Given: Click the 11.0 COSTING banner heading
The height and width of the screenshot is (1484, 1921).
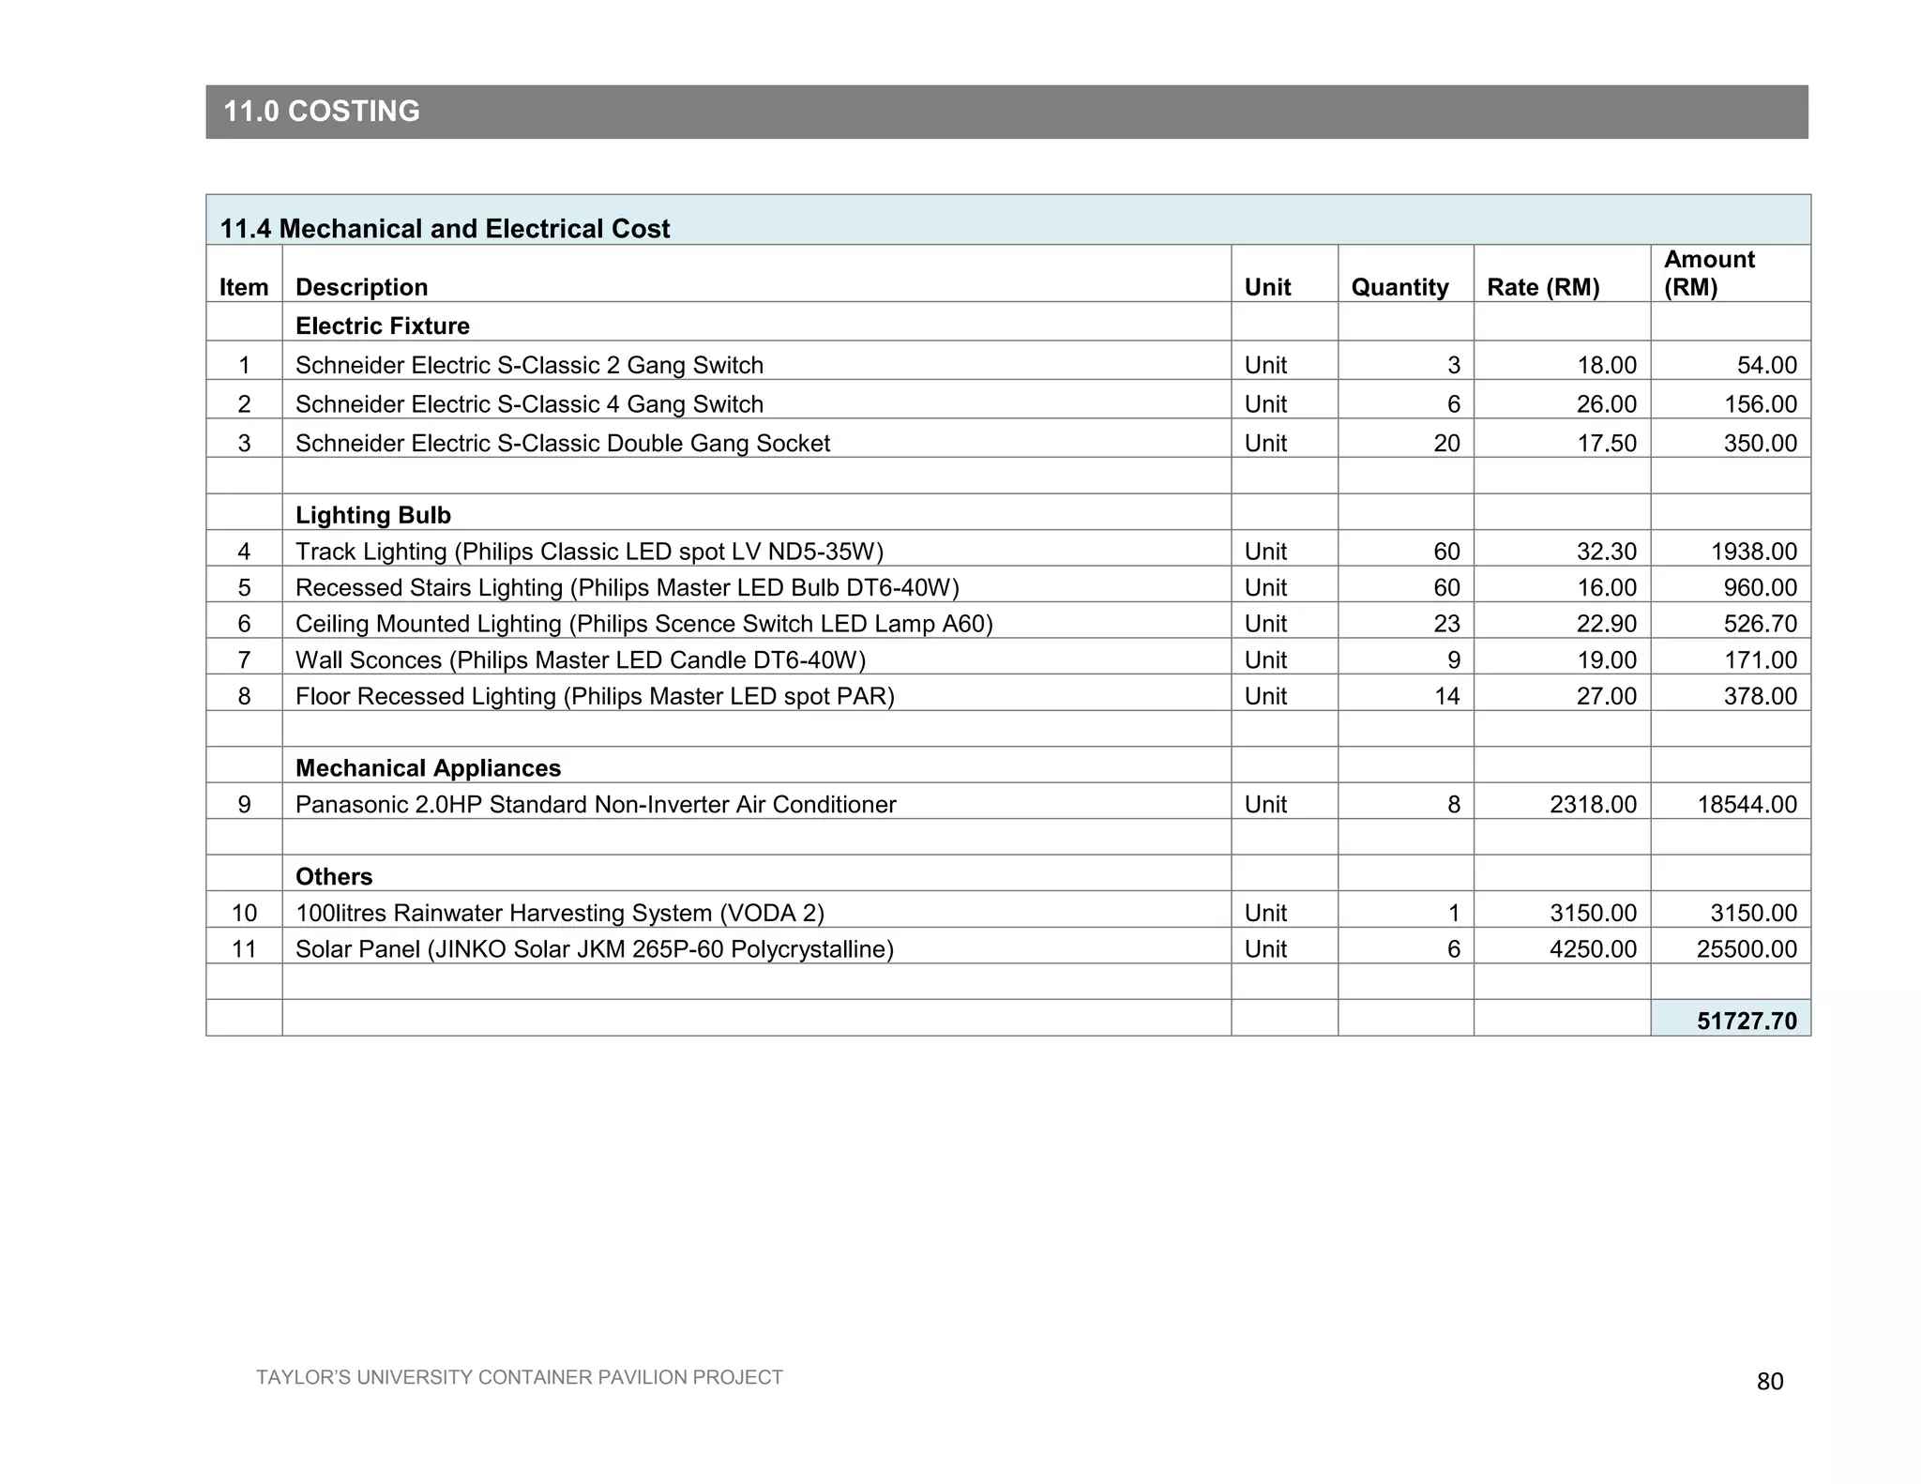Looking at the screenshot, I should pos(322,112).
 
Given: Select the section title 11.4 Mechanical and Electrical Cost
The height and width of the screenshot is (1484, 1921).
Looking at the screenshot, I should pos(445,229).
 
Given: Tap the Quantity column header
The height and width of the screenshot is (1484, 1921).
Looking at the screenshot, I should pos(1399,287).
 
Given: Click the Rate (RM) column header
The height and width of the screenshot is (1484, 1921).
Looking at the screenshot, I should pos(1543,287).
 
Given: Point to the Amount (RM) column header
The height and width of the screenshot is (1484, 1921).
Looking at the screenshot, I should pos(1709,273).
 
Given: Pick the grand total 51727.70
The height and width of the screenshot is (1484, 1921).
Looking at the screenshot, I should pos(1747,1021).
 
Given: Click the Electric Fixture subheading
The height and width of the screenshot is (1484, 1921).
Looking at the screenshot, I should pos(383,326).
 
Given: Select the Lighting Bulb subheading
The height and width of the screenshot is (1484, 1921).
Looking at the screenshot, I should pos(373,515).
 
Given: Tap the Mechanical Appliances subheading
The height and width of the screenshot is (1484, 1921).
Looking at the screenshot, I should pos(428,768).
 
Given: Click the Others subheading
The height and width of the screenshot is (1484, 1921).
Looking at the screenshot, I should pos(334,877).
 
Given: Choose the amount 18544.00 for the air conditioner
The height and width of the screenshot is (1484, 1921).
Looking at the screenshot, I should pos(1747,805).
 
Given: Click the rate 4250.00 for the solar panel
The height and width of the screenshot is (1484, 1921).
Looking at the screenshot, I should pos(1593,949).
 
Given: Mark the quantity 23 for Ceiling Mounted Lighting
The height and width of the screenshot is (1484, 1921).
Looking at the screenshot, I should pos(1446,624).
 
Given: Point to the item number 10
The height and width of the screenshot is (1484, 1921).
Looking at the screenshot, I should pos(244,913).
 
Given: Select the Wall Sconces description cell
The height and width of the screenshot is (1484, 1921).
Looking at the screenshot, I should pos(581,660).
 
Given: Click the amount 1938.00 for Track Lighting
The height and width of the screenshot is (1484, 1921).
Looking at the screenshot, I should pos(1754,552).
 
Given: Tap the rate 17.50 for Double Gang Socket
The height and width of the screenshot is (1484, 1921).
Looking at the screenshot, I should pos(1607,444).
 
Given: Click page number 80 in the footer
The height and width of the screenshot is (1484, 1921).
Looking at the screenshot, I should pos(1770,1382).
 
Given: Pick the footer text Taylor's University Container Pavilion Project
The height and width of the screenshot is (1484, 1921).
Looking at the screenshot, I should pos(519,1377).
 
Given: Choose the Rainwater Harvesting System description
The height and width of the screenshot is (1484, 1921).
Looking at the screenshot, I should pos(560,913).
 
